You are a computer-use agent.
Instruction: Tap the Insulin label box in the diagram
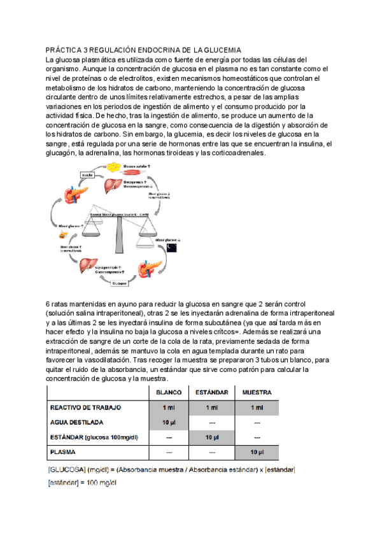(87, 174)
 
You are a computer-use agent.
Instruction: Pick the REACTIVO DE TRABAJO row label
(85, 407)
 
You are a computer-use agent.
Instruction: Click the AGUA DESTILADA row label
(76, 422)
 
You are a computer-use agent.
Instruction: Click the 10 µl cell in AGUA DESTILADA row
(169, 422)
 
